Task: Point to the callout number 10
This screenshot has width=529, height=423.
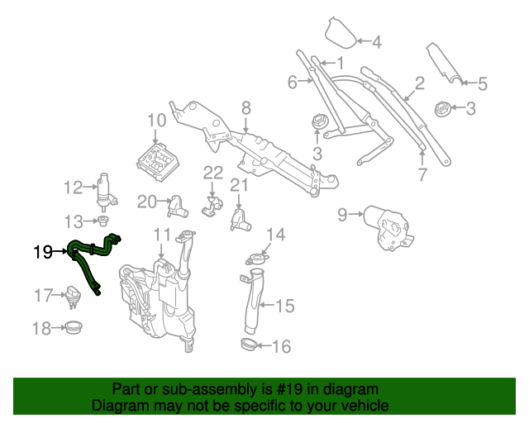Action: click(x=156, y=121)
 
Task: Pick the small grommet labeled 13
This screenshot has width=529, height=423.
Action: click(x=103, y=221)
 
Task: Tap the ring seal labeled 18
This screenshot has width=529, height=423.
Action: click(x=73, y=328)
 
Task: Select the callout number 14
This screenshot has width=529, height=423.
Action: click(x=275, y=235)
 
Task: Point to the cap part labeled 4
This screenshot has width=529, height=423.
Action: click(x=339, y=33)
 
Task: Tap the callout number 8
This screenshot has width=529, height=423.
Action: click(x=245, y=107)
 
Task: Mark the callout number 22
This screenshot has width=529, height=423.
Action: click(x=213, y=173)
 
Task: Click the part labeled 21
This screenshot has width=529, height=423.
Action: click(x=240, y=219)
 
